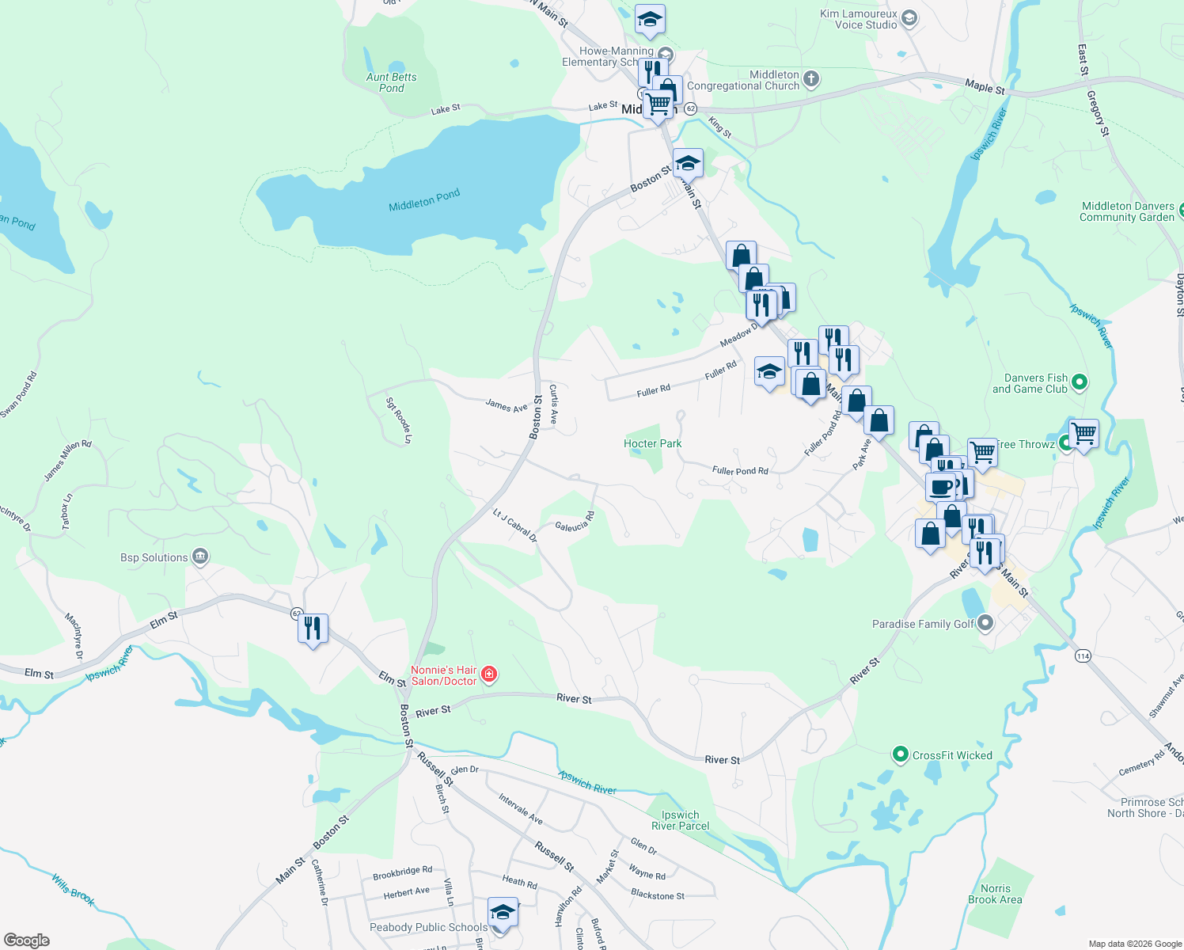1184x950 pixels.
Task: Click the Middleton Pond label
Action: [x=424, y=200]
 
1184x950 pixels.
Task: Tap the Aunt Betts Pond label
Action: [x=391, y=82]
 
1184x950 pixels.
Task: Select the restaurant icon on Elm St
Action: [x=313, y=629]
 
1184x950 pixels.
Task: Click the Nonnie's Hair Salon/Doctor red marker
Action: [x=490, y=674]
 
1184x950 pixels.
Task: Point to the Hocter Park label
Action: [x=652, y=443]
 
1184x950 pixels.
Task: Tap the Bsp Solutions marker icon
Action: [x=200, y=557]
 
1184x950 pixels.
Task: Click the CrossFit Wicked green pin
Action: [x=900, y=754]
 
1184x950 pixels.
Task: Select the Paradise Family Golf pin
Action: [x=985, y=623]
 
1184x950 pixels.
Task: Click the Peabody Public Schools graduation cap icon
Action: [x=503, y=913]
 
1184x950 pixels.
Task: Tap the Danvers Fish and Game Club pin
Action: [x=1079, y=383]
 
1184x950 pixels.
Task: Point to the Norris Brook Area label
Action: [x=995, y=894]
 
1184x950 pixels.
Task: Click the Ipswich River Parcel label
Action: [x=680, y=820]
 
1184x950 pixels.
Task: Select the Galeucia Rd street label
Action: [x=575, y=524]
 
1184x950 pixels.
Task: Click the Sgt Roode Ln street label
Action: [x=399, y=420]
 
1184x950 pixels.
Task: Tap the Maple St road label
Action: [x=985, y=86]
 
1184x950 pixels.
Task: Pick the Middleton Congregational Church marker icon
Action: [x=810, y=78]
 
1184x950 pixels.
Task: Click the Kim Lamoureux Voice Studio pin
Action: [x=909, y=18]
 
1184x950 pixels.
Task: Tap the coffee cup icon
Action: [x=940, y=487]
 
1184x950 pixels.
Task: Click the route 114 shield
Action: [x=1083, y=655]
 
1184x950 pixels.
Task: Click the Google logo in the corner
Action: [x=27, y=940]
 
